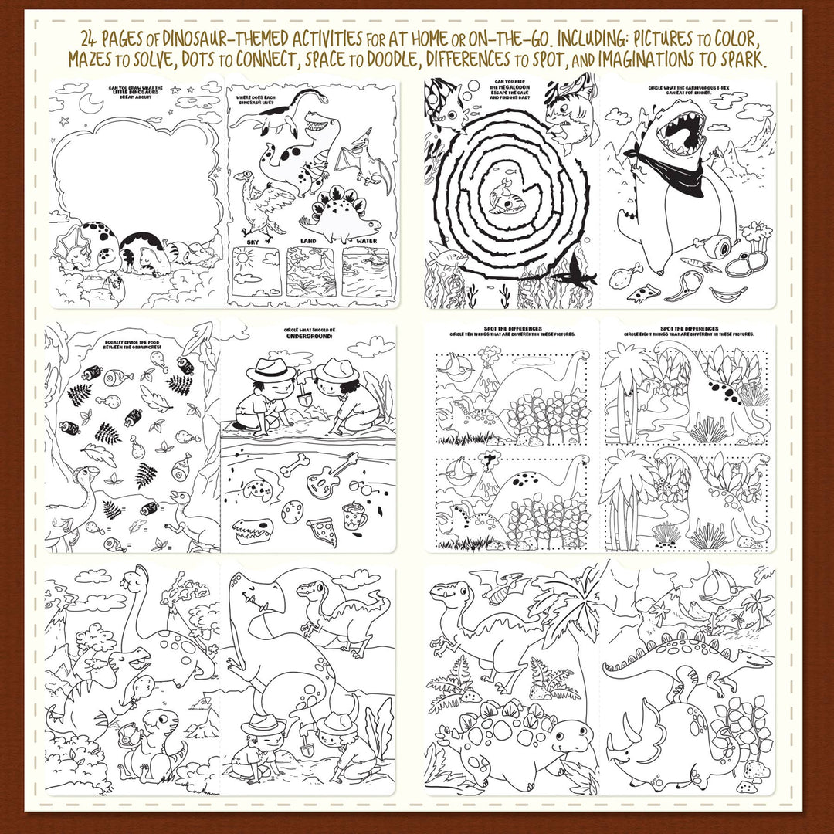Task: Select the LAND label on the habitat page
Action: (x=309, y=242)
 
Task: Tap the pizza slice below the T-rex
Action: (x=640, y=293)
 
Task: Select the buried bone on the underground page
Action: (x=294, y=466)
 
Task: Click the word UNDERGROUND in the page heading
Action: (x=308, y=337)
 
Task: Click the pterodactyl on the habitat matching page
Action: (x=363, y=158)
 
